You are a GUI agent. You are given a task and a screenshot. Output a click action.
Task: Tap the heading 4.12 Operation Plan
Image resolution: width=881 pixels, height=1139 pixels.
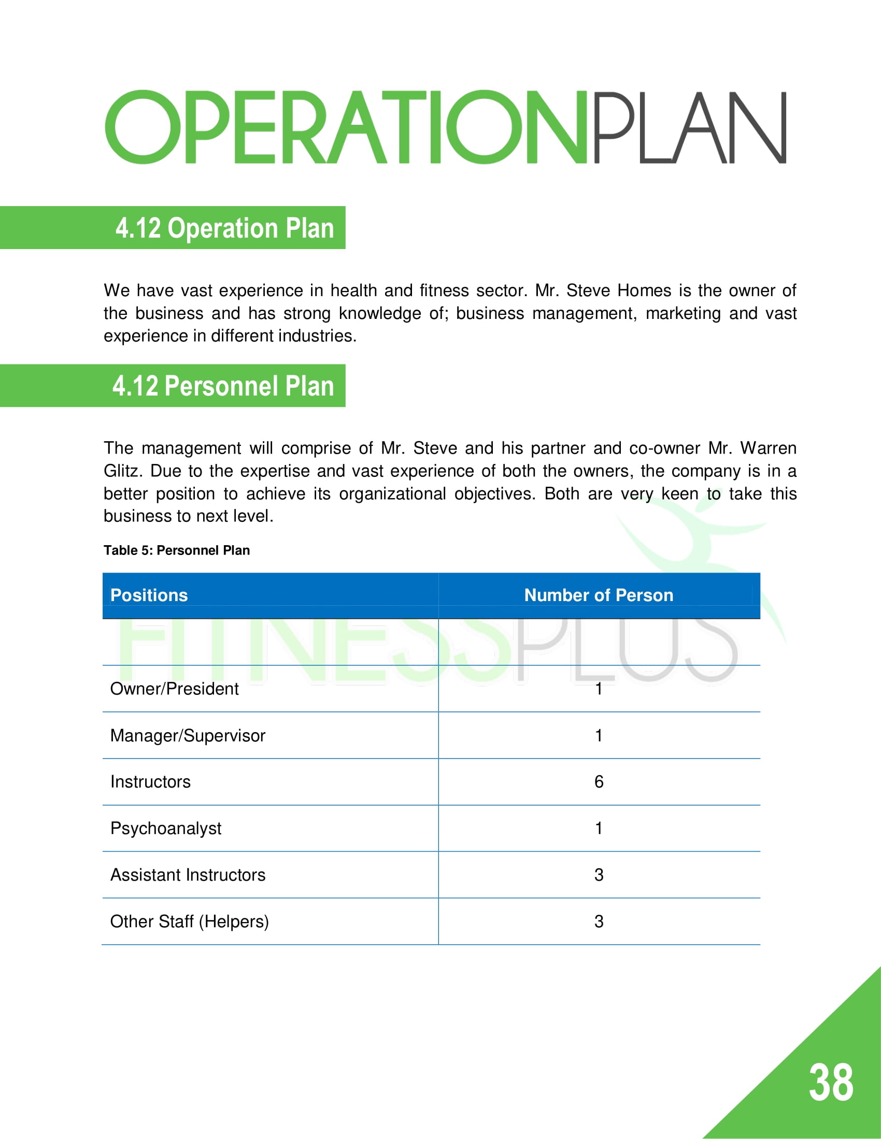[x=224, y=228]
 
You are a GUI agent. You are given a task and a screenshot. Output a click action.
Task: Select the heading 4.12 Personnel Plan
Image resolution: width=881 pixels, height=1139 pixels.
[x=223, y=386]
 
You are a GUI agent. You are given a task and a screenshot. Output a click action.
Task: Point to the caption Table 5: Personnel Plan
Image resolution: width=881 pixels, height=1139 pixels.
[x=176, y=550]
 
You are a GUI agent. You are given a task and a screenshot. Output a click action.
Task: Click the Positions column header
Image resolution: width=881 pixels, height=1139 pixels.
[x=149, y=595]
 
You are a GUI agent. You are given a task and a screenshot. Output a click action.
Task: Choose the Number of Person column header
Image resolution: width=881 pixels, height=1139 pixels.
[x=599, y=595]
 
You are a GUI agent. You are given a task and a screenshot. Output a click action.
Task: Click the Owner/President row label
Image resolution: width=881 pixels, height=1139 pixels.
[x=174, y=689]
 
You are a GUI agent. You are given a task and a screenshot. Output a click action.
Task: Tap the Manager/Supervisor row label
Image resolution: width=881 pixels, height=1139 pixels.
[x=188, y=735]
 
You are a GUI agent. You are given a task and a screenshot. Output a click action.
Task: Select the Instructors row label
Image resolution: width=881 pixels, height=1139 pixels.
[x=150, y=782]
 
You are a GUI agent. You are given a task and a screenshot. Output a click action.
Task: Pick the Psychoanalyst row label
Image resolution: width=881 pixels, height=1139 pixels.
[x=165, y=828]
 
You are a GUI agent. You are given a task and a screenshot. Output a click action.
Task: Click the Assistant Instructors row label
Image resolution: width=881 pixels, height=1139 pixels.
[x=188, y=874]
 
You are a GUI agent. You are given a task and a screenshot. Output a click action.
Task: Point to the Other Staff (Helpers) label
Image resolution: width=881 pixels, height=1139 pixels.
[x=190, y=922]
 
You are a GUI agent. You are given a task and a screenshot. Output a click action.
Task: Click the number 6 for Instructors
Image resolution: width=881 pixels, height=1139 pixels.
[x=599, y=782]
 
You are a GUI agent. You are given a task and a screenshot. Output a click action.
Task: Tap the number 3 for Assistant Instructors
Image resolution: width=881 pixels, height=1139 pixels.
[x=599, y=874]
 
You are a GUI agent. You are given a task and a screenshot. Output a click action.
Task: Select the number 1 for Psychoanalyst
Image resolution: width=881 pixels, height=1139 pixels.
[x=599, y=828]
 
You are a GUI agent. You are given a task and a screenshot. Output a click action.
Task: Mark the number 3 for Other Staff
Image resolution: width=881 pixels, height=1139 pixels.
[x=599, y=922]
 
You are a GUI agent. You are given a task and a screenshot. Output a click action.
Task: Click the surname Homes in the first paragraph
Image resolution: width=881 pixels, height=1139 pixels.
[x=644, y=290]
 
